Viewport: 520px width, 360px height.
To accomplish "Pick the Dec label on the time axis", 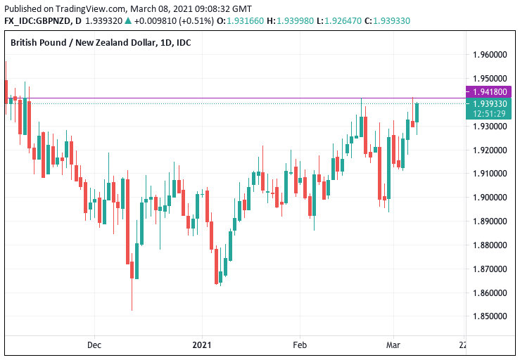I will [x=95, y=345].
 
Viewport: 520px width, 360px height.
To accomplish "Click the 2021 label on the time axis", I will [x=203, y=345].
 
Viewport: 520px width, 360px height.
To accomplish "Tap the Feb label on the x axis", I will [x=300, y=345].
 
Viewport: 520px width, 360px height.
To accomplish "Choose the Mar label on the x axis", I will [x=393, y=345].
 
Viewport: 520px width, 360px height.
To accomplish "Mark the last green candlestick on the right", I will [x=417, y=112].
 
